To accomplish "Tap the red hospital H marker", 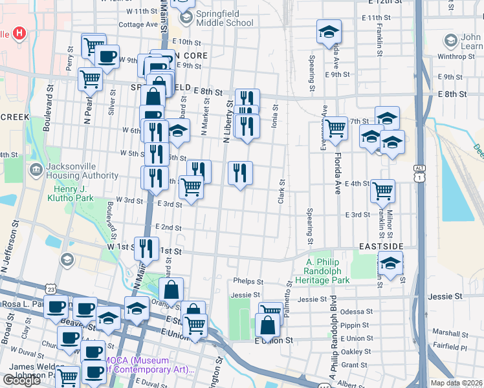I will (x=19, y=32).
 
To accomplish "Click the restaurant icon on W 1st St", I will (x=146, y=249).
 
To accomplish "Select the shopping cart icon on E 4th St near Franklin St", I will (x=383, y=191).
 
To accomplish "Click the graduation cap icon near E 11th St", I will (x=329, y=31).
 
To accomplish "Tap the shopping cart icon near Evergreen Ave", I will (x=336, y=128).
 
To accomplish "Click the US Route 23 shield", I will (x=51, y=288).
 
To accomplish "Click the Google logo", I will (x=22, y=380).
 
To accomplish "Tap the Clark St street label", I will (x=281, y=192).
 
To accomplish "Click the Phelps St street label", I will (x=249, y=282).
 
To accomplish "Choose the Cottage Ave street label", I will (x=138, y=25).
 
